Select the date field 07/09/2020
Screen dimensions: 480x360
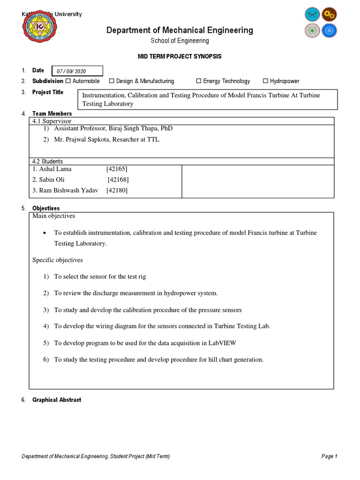(77, 71)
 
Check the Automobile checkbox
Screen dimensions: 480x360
(68, 81)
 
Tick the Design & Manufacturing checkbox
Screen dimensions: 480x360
(112, 81)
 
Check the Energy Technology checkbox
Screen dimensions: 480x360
(199, 81)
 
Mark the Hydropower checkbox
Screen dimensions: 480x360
(265, 81)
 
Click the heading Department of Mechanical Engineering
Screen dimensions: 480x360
(180, 30)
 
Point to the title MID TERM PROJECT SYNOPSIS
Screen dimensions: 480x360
(180, 56)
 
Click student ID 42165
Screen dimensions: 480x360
(117, 169)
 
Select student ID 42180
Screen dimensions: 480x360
(117, 190)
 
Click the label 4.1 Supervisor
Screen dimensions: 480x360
(52, 121)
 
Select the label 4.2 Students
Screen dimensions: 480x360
(48, 161)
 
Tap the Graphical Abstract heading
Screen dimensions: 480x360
(56, 400)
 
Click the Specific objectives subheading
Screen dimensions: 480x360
(57, 260)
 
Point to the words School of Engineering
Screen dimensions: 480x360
(180, 41)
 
